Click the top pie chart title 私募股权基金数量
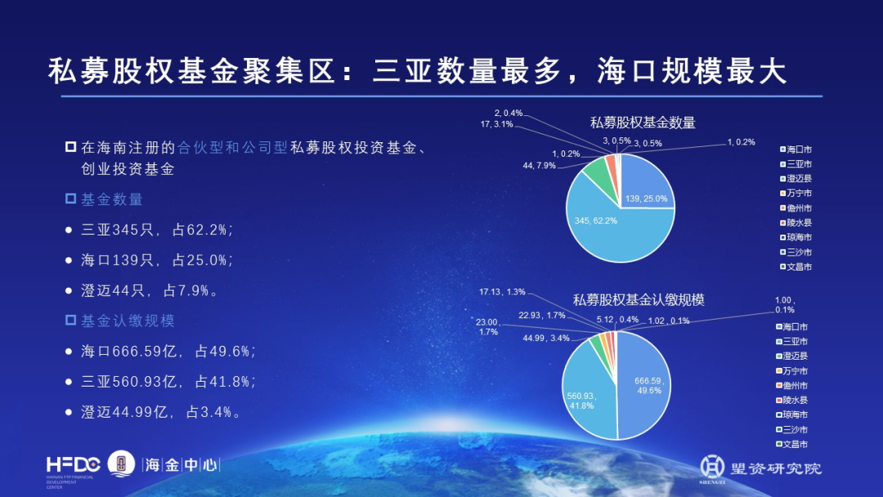[643, 123]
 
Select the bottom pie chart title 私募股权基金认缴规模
[639, 300]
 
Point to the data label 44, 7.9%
[539, 166]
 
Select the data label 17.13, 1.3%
[503, 292]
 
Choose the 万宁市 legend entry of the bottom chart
[795, 371]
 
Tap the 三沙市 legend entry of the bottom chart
[795, 430]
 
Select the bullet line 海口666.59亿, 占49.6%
[168, 351]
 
